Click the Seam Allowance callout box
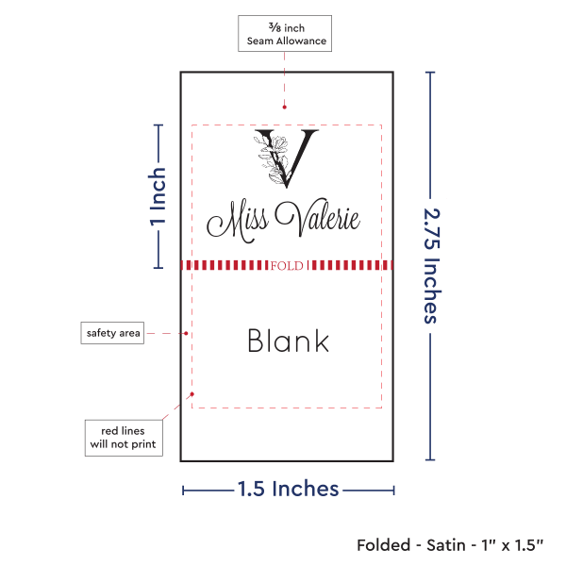pyautogui.click(x=285, y=33)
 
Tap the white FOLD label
pyautogui.click(x=286, y=266)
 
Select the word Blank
pyautogui.click(x=288, y=341)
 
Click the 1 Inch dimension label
pyautogui.click(x=158, y=196)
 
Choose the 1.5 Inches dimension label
pyautogui.click(x=288, y=489)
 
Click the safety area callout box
pyautogui.click(x=112, y=333)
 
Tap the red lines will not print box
pyautogui.click(x=123, y=437)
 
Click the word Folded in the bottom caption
pyautogui.click(x=383, y=545)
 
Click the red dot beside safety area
pyautogui.click(x=187, y=333)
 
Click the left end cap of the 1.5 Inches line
pyautogui.click(x=183, y=490)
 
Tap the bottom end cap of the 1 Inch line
pyautogui.click(x=158, y=268)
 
